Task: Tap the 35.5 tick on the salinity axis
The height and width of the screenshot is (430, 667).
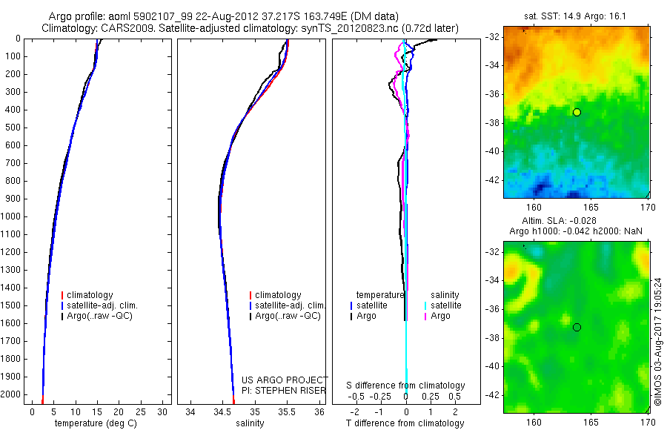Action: pyautogui.click(x=288, y=411)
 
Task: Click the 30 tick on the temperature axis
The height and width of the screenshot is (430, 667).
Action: pyautogui.click(x=163, y=411)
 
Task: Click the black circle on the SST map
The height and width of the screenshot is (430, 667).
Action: pyautogui.click(x=577, y=112)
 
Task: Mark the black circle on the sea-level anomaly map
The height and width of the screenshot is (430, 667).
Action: pyautogui.click(x=577, y=327)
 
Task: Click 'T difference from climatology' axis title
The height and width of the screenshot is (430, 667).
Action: pyautogui.click(x=405, y=423)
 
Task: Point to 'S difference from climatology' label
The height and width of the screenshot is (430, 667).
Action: pyautogui.click(x=406, y=386)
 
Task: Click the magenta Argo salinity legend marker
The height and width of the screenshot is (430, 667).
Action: pyautogui.click(x=425, y=316)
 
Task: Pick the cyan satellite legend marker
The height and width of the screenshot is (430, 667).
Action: pyautogui.click(x=425, y=305)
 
